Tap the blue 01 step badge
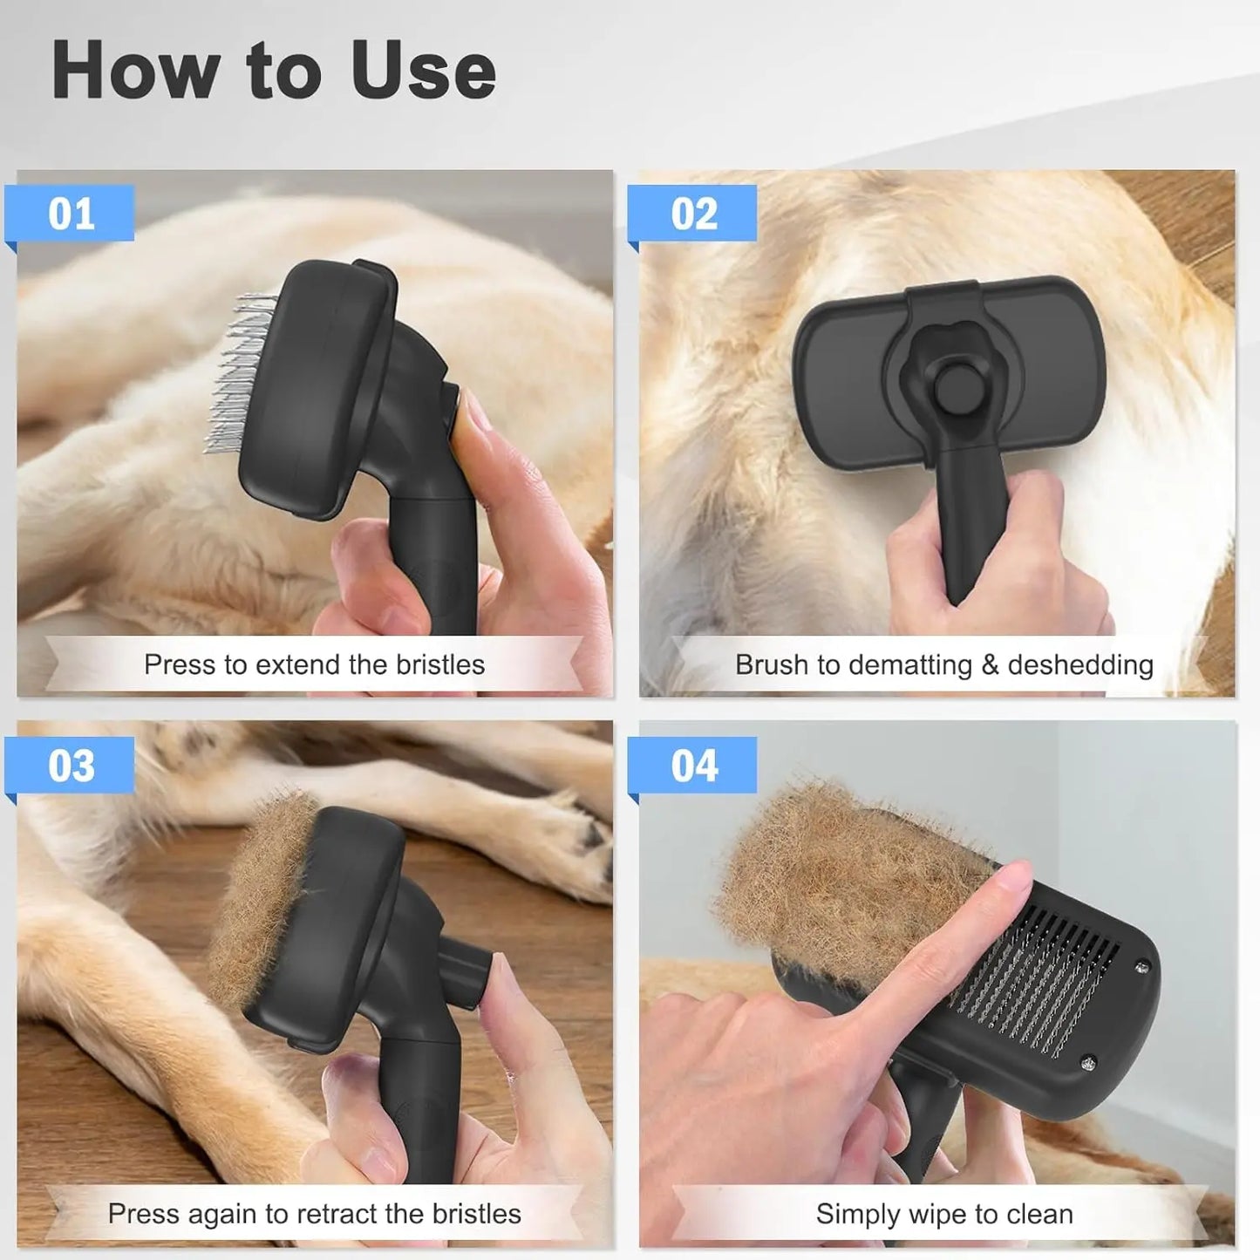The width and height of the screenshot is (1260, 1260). tap(71, 215)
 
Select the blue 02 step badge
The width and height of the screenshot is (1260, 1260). tap(694, 215)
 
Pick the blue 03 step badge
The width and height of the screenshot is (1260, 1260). tap(71, 766)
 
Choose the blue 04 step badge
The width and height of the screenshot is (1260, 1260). tap(694, 766)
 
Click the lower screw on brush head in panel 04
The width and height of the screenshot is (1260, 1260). tap(1088, 1061)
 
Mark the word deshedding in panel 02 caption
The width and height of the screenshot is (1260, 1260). tap(1080, 664)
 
